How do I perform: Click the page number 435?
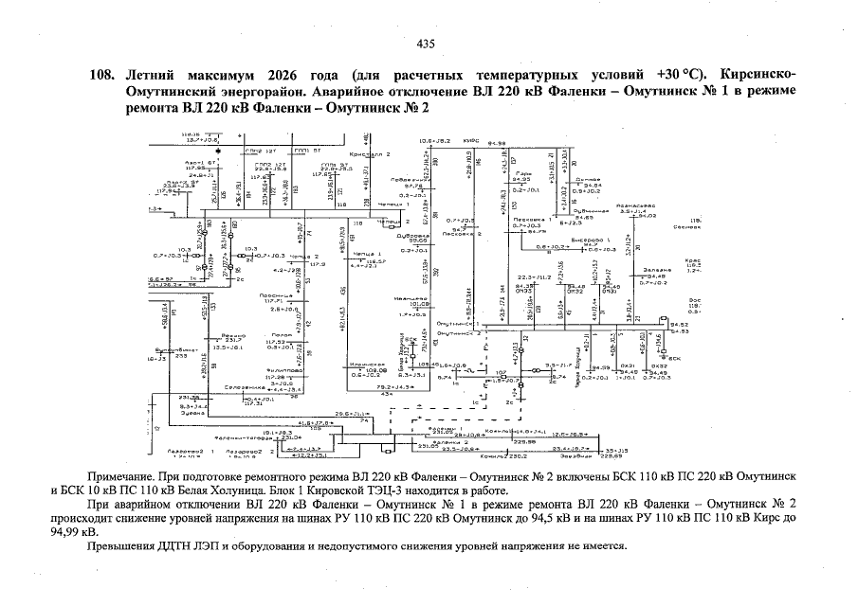coord(426,43)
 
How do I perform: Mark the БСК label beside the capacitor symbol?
coord(675,359)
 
